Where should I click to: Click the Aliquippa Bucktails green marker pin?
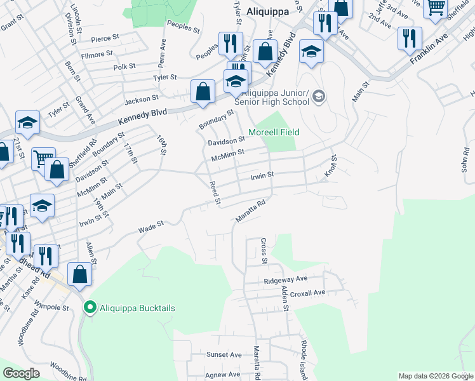coord(90,308)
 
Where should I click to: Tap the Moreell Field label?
coord(273,132)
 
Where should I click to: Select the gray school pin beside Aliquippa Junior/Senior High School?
coord(318,97)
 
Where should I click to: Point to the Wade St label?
coord(152,224)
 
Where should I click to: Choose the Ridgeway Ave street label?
coord(286,279)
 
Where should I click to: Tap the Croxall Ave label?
coord(307,293)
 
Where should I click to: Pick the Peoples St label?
coord(184,26)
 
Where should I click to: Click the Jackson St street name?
coord(141,99)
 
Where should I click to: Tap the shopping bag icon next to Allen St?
coord(79,274)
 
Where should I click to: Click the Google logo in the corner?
coord(21,373)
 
